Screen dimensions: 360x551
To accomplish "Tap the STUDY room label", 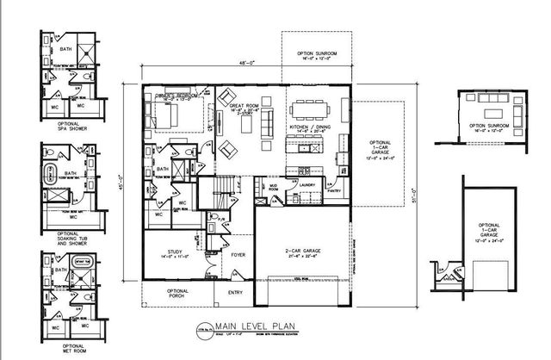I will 167,253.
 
